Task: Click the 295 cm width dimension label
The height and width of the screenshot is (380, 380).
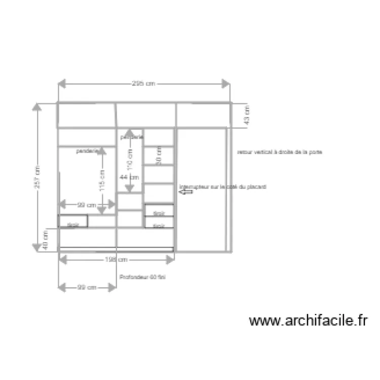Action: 143,84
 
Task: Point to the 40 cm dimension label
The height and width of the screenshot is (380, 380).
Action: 45,239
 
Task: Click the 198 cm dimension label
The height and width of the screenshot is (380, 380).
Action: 117,259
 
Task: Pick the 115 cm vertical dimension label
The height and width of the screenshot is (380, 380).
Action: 103,180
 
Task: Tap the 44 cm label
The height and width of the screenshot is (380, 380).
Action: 129,177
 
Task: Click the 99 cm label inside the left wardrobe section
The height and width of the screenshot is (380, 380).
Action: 87,205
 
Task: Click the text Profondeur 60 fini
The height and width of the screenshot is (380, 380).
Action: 142,277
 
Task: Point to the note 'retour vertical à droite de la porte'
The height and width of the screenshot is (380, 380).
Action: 280,152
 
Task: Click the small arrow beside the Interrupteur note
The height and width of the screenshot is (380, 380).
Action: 186,192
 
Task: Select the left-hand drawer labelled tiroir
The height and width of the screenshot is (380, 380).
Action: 73,221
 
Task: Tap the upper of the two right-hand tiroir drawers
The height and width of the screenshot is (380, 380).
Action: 159,210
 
